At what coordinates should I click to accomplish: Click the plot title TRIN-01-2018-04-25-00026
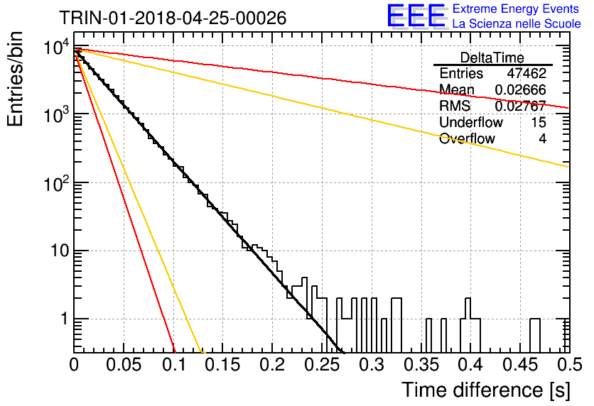point(173,18)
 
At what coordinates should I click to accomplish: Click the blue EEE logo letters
point(416,16)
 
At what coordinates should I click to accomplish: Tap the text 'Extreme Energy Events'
point(516,9)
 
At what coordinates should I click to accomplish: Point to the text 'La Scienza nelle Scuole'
point(517,23)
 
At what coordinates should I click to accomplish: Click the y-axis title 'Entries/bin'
point(15,79)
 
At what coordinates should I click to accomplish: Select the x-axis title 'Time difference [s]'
point(486,390)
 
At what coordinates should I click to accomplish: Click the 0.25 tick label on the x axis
point(322,365)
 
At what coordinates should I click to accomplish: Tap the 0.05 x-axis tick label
point(124,365)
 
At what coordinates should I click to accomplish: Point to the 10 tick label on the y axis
point(59,251)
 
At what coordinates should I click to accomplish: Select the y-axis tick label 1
point(64,319)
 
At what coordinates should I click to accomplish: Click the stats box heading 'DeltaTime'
point(492,57)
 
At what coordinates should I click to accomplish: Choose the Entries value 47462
point(526,73)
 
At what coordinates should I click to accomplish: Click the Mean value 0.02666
point(521,89)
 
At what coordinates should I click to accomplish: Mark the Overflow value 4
point(542,138)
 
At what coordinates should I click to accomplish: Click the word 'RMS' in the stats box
point(455,106)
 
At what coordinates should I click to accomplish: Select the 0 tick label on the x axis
point(74,365)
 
